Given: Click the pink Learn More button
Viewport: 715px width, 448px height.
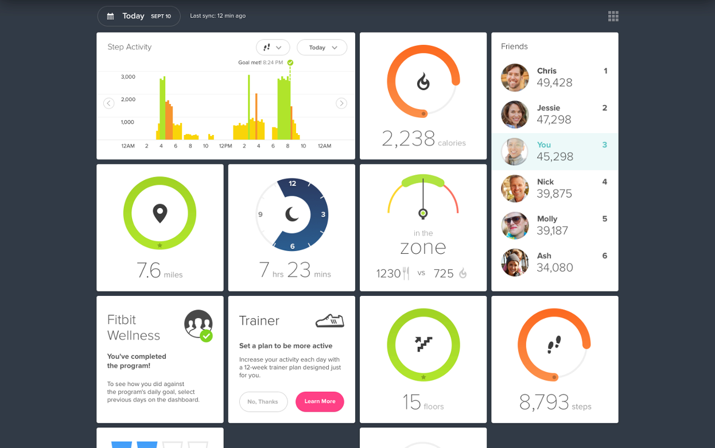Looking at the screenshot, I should click(x=320, y=401).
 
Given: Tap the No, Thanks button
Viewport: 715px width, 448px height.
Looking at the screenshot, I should click(x=263, y=401).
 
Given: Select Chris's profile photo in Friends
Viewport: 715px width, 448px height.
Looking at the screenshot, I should click(x=515, y=78).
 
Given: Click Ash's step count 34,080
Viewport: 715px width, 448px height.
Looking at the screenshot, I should click(x=554, y=268).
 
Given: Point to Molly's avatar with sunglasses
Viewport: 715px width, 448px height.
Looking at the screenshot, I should click(x=515, y=225).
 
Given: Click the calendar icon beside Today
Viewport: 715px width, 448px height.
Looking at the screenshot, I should click(x=110, y=16).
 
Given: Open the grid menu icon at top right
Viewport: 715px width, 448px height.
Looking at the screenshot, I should click(x=613, y=16).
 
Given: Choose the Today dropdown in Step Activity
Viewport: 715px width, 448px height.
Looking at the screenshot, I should click(x=322, y=48).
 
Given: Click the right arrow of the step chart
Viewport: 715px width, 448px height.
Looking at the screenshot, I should click(x=341, y=103).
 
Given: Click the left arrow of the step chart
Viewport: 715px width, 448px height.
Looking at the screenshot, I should click(x=108, y=103).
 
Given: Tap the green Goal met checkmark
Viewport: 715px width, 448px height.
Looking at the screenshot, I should click(x=290, y=63).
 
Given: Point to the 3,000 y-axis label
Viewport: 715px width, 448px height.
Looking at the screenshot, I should click(x=128, y=77).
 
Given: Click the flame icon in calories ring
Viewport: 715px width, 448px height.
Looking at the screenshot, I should click(x=423, y=82).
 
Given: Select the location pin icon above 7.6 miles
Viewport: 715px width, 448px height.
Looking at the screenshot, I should click(x=160, y=213).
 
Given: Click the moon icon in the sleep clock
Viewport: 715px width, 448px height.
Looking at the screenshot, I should click(x=292, y=214).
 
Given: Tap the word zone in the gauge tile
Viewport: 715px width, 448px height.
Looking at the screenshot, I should click(x=423, y=247).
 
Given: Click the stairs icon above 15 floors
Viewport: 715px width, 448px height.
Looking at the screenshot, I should click(x=423, y=344).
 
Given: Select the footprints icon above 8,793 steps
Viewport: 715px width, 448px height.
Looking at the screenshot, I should click(x=554, y=345).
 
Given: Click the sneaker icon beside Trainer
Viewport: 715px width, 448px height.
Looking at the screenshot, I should click(x=329, y=320).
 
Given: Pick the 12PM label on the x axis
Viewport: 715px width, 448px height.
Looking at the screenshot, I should click(x=225, y=146).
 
